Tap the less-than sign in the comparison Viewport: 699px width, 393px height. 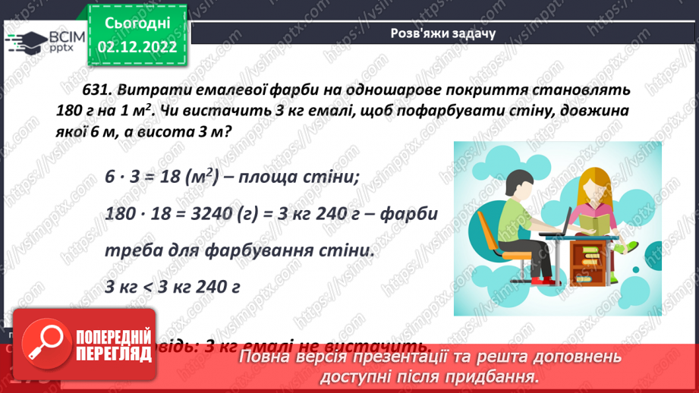tap(148, 286)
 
